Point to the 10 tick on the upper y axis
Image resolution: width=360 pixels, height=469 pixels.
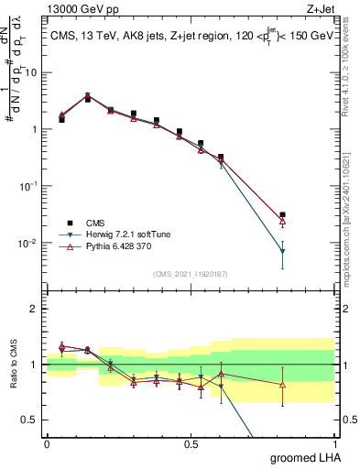33,71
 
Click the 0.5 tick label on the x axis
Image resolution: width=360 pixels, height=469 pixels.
191,443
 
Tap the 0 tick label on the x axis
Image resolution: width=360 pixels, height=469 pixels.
47,443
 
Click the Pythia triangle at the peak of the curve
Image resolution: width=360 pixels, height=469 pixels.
88,95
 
